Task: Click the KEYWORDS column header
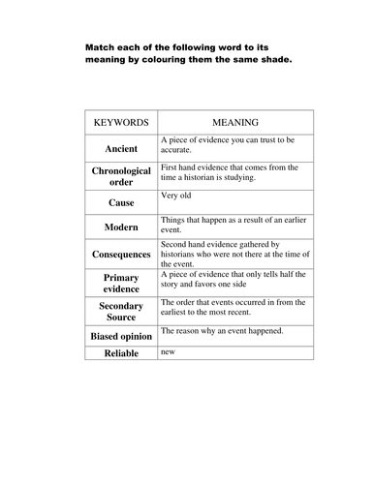[121, 124]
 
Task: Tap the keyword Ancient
[121, 148]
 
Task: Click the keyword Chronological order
[121, 177]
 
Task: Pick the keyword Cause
[121, 203]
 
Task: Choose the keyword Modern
[121, 228]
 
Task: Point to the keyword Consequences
[121, 255]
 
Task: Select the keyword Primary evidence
[121, 283]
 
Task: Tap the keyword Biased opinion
[121, 336]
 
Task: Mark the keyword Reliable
[121, 354]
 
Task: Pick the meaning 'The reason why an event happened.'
[222, 331]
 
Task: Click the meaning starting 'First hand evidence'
[230, 172]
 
